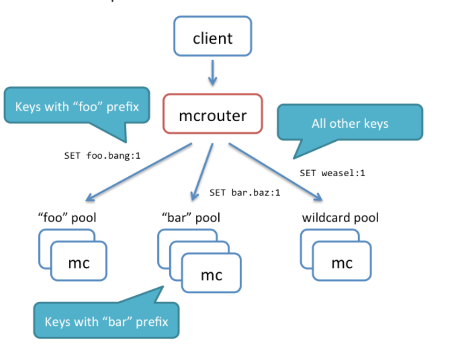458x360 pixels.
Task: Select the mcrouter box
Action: [x=213, y=114]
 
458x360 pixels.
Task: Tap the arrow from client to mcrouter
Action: [x=213, y=72]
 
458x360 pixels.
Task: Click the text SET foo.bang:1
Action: [x=102, y=155]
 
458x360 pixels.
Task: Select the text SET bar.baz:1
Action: [x=245, y=192]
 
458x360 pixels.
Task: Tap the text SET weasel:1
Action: [x=332, y=173]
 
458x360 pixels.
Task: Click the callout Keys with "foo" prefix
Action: [x=77, y=106]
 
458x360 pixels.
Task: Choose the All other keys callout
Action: [x=350, y=123]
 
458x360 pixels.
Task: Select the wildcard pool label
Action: [x=340, y=217]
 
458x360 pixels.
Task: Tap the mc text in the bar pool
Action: [x=211, y=275]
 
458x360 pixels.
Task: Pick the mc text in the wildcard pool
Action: [x=341, y=263]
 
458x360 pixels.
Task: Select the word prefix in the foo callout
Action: [x=123, y=106]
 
